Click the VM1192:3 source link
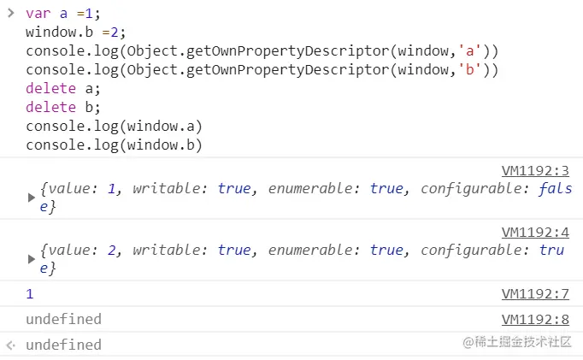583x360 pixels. (x=535, y=171)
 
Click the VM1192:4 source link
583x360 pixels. (x=535, y=232)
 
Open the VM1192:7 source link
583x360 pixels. (x=535, y=293)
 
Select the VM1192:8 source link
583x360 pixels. (x=535, y=319)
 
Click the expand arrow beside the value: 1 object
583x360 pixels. (x=32, y=198)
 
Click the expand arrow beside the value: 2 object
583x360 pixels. (x=32, y=258)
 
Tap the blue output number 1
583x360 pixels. (x=30, y=293)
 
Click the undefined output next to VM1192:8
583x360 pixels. (x=63, y=319)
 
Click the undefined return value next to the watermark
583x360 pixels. (x=63, y=345)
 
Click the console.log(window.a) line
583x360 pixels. (x=114, y=127)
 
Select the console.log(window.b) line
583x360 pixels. (x=114, y=145)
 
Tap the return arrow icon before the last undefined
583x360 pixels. (x=10, y=345)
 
